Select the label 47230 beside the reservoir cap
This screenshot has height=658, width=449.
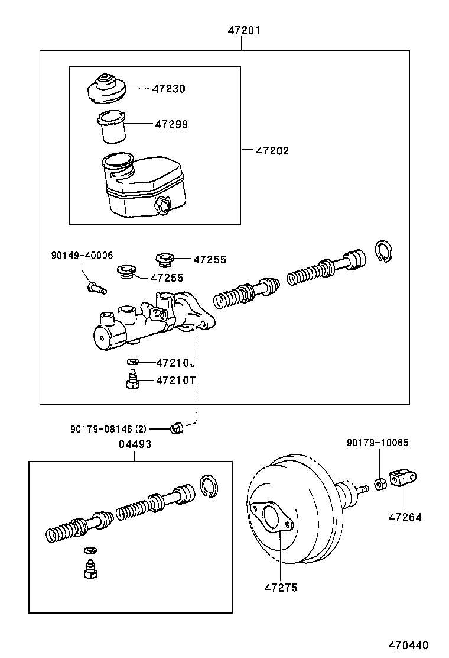[x=168, y=89]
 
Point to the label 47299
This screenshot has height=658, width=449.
[x=171, y=124]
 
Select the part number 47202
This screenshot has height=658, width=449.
[x=272, y=151]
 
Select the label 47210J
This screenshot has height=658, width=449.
[x=175, y=362]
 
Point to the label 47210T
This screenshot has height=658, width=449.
[x=175, y=380]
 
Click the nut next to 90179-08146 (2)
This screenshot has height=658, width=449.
[x=175, y=428]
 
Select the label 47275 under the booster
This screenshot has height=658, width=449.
[x=281, y=588]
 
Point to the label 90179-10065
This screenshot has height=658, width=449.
[x=378, y=443]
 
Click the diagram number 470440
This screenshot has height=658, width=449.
[x=408, y=645]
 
